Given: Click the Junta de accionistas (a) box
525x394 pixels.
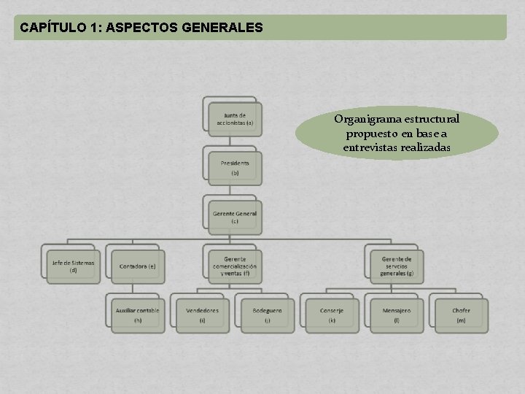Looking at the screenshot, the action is (234, 119).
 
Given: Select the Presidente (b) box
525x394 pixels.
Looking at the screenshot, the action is (234, 168).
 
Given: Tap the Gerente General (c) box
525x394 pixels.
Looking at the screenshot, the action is (234, 217).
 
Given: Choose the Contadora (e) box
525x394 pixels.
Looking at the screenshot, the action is (137, 266).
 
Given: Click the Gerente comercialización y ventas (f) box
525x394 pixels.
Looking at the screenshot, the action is (234, 266).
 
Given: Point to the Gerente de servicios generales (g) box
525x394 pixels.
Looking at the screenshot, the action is (396, 266).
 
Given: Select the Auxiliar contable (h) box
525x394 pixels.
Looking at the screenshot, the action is (137, 314).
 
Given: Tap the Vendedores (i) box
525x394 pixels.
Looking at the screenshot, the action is (202, 314).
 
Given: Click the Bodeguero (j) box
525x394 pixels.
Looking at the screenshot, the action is (267, 314).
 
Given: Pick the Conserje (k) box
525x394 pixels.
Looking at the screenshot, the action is (331, 314).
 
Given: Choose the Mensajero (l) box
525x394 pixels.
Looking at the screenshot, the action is (396, 314).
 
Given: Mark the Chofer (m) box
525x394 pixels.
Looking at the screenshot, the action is (461, 314).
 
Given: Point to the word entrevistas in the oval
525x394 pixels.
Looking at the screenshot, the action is (373, 148).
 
